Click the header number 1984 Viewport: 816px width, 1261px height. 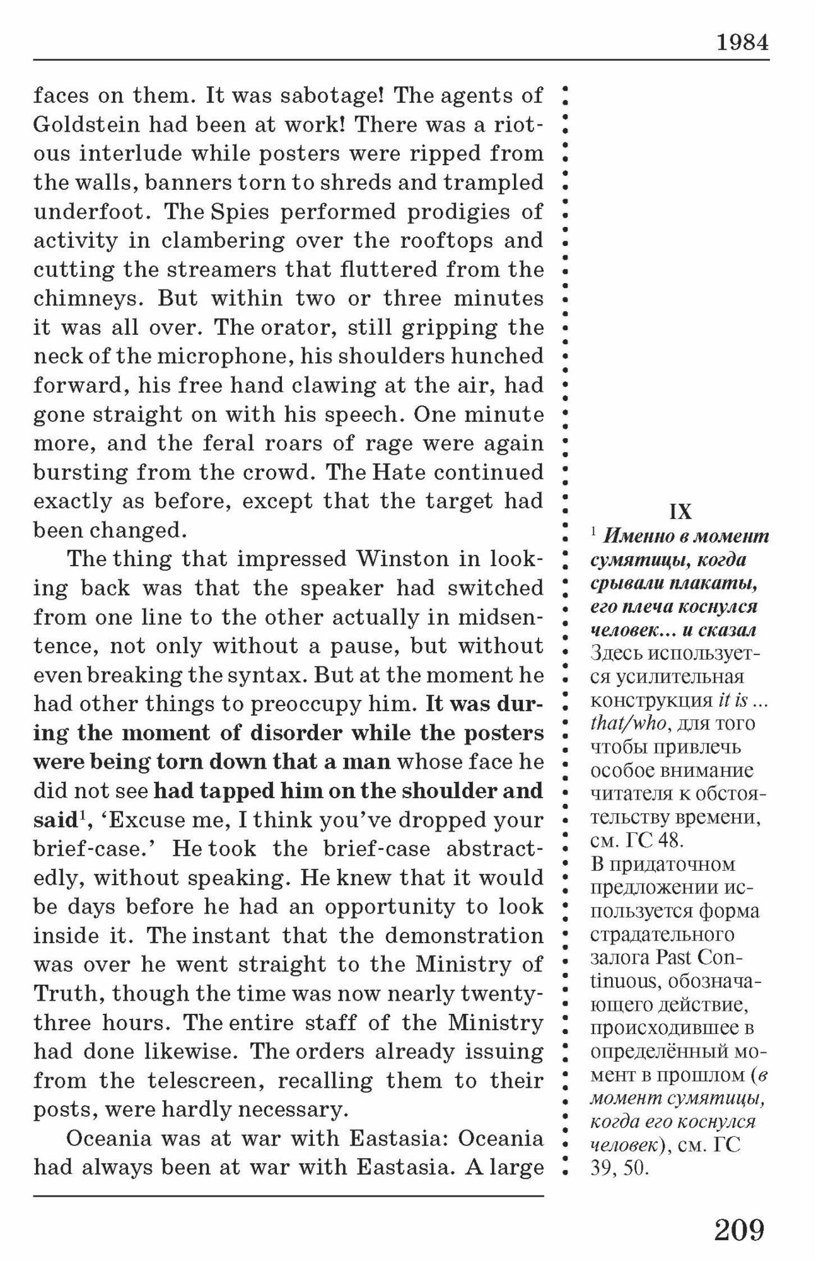pyautogui.click(x=742, y=43)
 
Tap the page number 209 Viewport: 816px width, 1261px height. pyautogui.click(x=739, y=1229)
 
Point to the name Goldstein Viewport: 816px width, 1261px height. pyautogui.click(x=86, y=125)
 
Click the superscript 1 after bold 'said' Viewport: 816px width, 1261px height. pyautogui.click(x=82, y=816)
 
